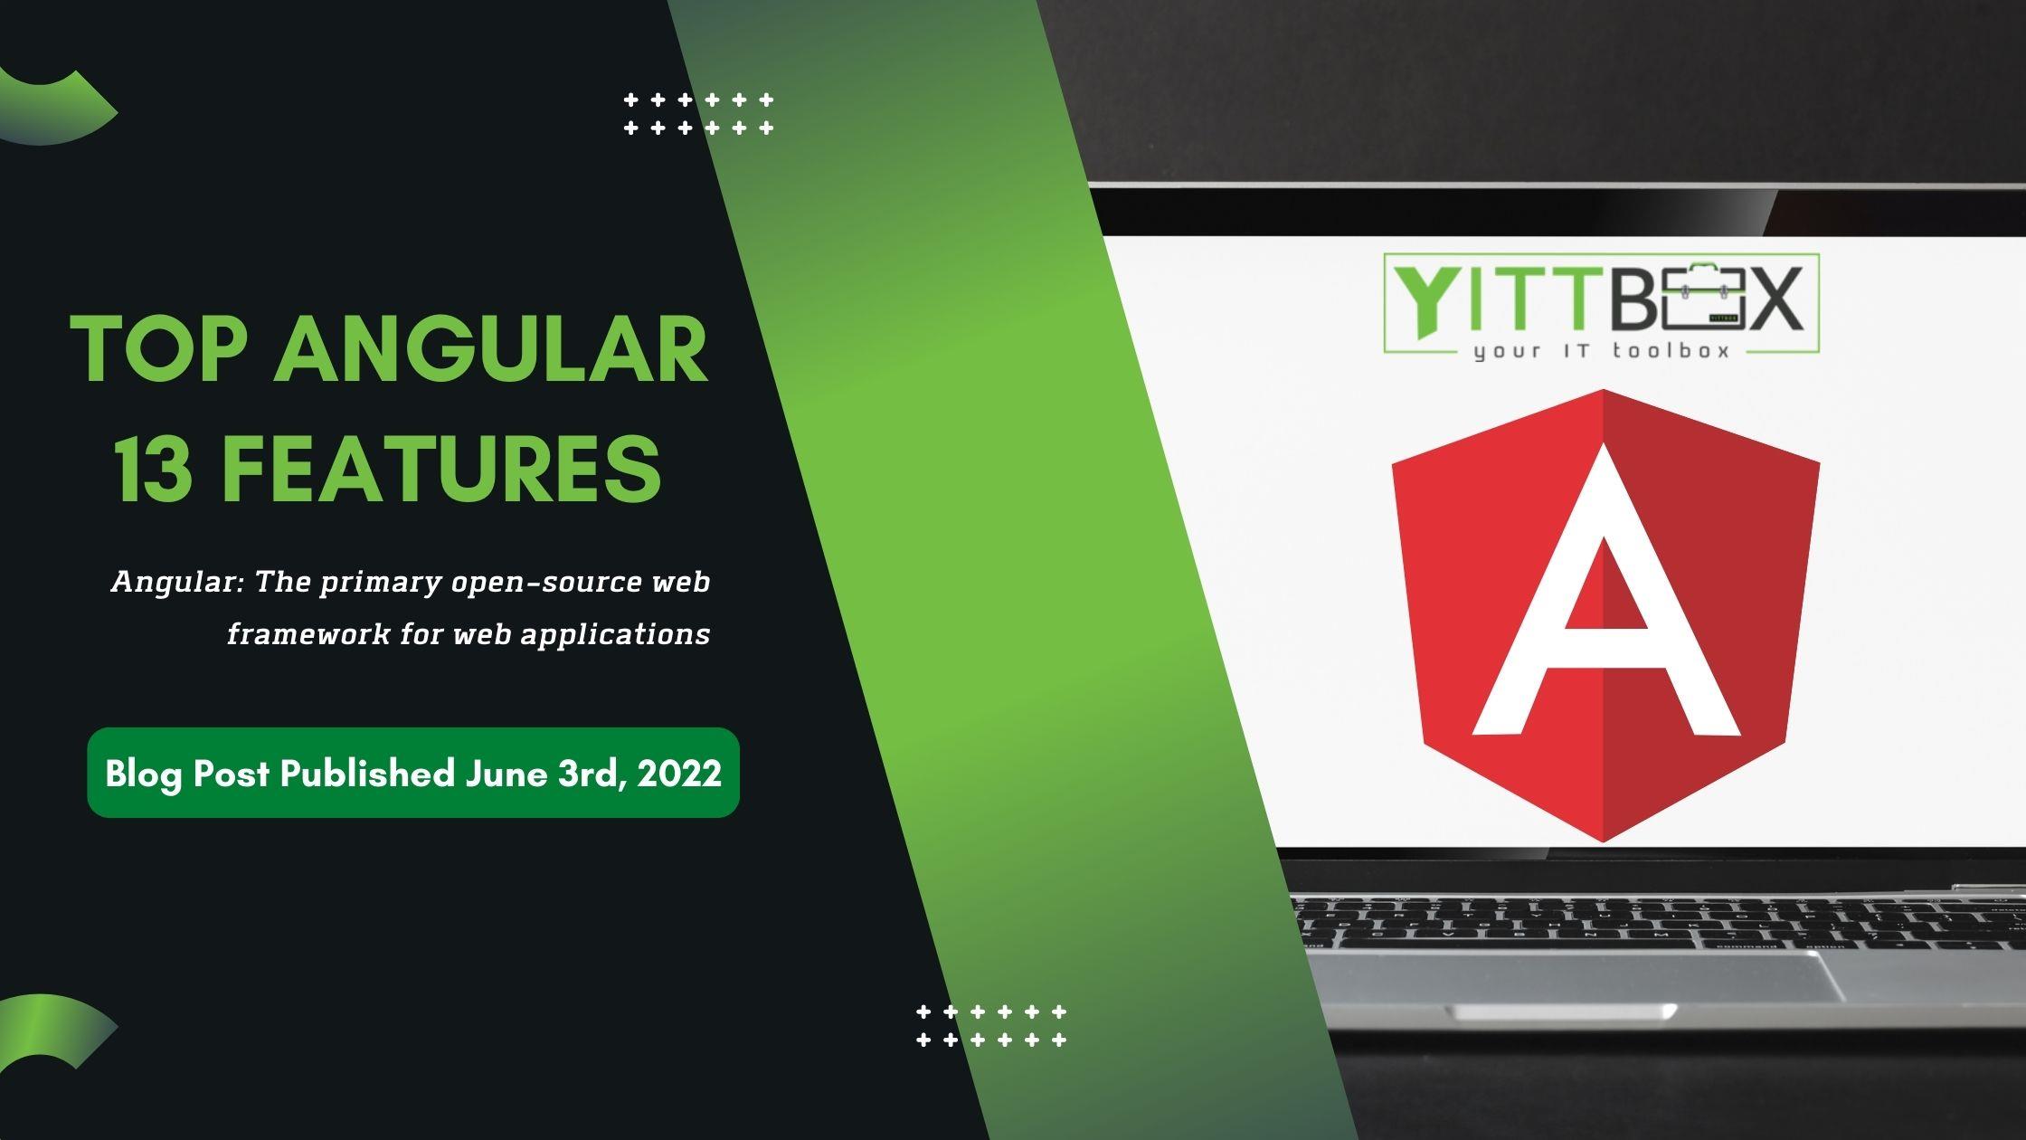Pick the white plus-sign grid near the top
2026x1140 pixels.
click(x=698, y=113)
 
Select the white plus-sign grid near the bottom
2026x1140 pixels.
click(x=991, y=1025)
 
